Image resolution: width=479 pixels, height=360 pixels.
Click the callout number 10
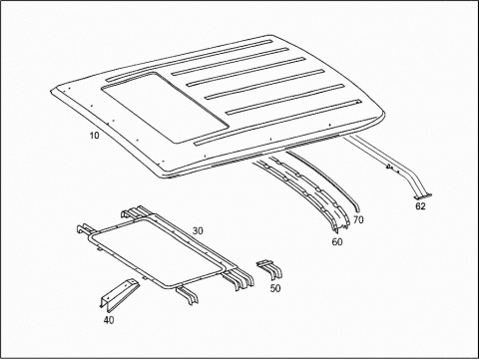tap(94, 136)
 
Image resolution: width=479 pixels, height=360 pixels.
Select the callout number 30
tap(198, 230)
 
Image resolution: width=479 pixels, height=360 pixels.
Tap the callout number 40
tap(109, 320)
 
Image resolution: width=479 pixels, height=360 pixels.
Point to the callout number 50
tap(275, 288)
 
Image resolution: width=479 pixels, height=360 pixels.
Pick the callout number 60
tap(337, 241)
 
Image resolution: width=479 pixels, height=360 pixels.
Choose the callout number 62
tap(420, 206)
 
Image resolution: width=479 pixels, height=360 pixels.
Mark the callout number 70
tap(358, 219)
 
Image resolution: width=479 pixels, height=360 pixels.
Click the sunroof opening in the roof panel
tap(166, 107)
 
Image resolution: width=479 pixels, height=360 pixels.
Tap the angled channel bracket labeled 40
tap(118, 292)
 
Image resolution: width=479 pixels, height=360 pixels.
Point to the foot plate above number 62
tap(423, 196)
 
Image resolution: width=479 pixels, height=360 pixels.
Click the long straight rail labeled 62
tap(386, 162)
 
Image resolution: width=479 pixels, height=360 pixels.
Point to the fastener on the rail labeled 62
tap(388, 166)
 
